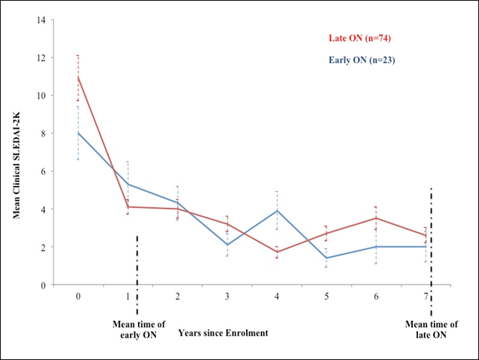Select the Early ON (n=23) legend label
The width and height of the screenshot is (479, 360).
pyautogui.click(x=362, y=60)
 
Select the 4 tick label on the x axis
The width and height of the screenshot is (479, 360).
pyautogui.click(x=277, y=295)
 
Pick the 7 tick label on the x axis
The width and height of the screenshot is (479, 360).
pyautogui.click(x=427, y=295)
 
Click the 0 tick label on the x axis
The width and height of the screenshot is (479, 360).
pyautogui.click(x=78, y=295)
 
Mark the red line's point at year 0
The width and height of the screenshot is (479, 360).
pyautogui.click(x=78, y=77)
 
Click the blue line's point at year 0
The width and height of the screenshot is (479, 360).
pyautogui.click(x=78, y=133)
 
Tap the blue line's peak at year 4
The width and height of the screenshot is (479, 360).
pyautogui.click(x=277, y=211)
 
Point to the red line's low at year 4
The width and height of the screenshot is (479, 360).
pyautogui.click(x=277, y=252)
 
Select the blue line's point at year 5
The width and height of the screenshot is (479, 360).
pyautogui.click(x=327, y=258)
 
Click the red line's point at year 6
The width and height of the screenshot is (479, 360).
pyautogui.click(x=376, y=218)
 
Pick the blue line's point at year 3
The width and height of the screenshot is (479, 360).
pyautogui.click(x=227, y=245)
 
